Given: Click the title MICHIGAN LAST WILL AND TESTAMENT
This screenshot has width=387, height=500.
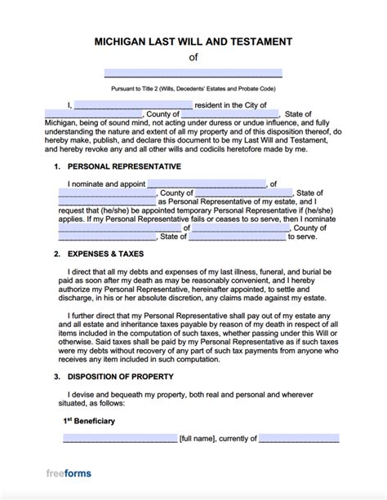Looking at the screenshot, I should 193,42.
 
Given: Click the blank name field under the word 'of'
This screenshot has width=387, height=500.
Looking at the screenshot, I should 193,73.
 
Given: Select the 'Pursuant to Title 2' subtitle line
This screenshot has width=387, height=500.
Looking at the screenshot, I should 193,86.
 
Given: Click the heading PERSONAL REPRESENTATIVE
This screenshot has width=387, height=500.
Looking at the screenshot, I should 122,166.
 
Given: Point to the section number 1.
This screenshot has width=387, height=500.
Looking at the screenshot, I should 56,166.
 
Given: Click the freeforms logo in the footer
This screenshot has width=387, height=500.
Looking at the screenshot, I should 69,473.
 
